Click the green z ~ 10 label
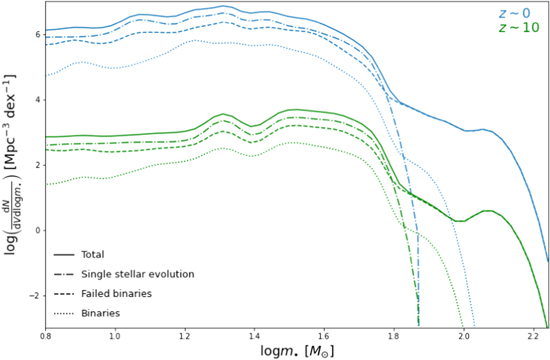519,28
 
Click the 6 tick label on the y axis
36,34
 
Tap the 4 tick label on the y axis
36,100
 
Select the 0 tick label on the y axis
36,230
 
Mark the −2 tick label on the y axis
33,296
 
